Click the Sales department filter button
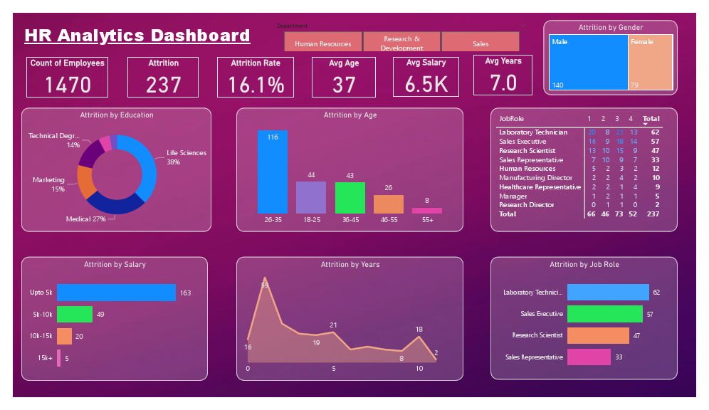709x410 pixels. (480, 43)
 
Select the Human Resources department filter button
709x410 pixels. (323, 43)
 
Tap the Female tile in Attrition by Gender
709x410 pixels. (651, 63)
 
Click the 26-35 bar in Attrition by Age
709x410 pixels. (273, 172)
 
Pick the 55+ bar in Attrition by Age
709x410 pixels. (427, 211)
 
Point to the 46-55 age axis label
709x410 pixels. (388, 220)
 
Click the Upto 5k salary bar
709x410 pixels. (116, 293)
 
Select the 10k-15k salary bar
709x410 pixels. (64, 336)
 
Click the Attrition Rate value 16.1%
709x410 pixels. (256, 85)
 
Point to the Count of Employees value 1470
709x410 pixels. (68, 85)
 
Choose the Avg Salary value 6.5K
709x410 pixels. (426, 84)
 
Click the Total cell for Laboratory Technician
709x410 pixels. (655, 132)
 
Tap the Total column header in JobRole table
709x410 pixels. (651, 119)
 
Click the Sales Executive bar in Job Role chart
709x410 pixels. (605, 314)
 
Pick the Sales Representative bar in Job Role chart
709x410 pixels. (589, 357)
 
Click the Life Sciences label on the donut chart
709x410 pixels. (187, 153)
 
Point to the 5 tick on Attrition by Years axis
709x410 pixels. (334, 369)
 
